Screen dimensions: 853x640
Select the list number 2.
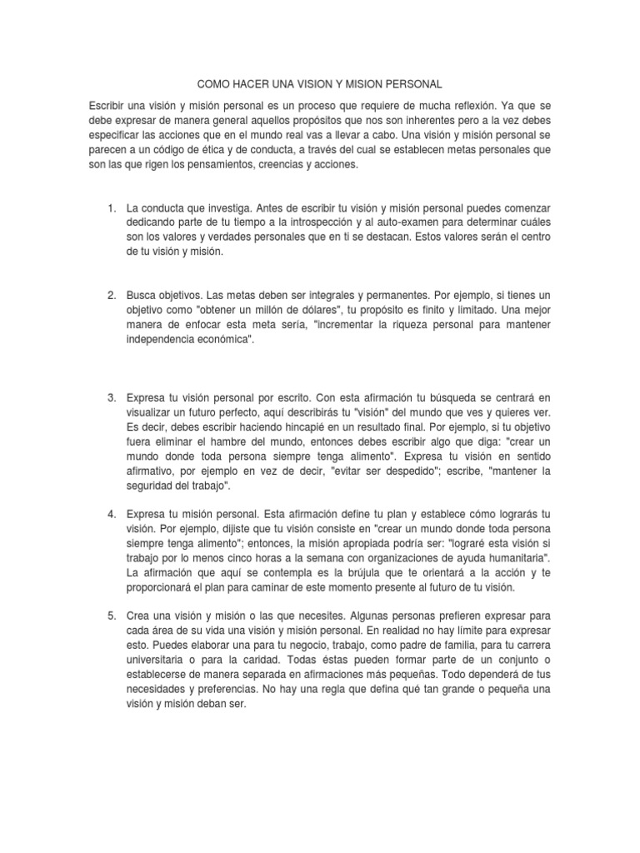click(111, 296)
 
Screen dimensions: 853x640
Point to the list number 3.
click(111, 399)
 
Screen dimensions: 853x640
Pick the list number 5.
click(111, 615)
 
